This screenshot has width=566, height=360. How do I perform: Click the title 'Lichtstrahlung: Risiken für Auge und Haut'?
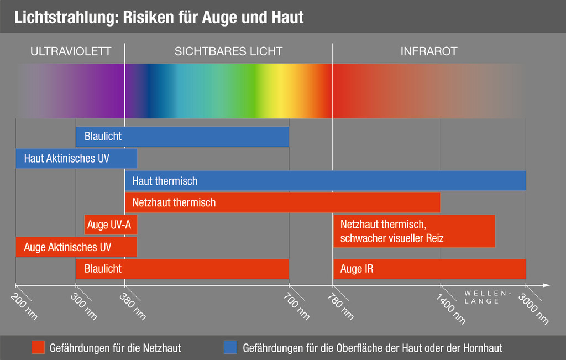click(159, 17)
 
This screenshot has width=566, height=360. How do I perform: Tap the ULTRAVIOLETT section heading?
click(71, 51)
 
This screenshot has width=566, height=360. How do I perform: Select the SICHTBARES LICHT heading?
click(228, 51)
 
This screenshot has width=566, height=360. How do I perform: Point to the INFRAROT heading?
click(429, 51)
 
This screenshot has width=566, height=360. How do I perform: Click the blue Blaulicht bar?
click(182, 137)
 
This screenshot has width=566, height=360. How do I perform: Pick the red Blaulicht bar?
click(182, 269)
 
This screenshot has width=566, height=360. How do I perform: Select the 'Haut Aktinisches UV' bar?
click(76, 159)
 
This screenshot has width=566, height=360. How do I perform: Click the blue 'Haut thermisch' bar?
click(325, 181)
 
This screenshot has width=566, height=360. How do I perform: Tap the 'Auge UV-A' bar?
click(111, 225)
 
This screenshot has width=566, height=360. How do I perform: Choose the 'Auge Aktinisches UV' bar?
click(76, 247)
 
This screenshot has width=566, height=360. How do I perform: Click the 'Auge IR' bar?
click(429, 269)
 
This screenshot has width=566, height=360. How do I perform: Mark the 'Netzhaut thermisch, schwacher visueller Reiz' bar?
click(413, 231)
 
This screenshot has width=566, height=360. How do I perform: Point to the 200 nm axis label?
click(24, 306)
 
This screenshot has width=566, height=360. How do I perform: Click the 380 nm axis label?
click(133, 306)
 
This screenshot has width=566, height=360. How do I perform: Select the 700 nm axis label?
click(297, 306)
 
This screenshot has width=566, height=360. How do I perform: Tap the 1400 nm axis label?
click(451, 308)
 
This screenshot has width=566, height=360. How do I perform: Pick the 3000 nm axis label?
click(534, 308)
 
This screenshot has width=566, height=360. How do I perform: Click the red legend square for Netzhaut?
click(38, 347)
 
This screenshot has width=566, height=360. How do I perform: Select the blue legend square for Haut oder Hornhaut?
click(230, 347)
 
